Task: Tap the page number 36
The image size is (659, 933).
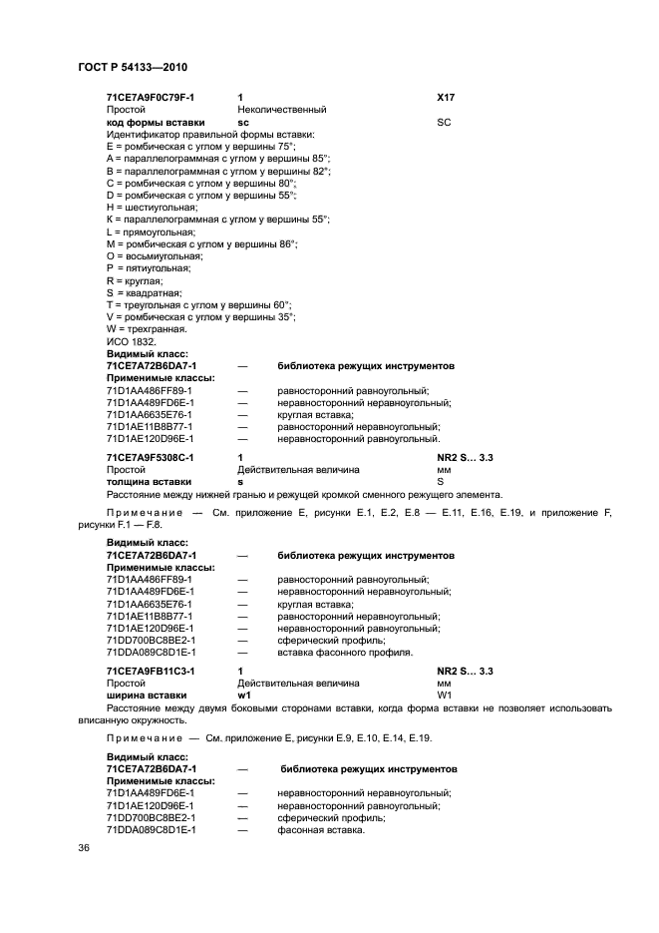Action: tap(84, 848)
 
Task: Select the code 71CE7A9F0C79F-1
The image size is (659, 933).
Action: tap(151, 98)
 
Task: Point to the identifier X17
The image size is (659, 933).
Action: tap(447, 98)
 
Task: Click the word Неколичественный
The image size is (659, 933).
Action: tap(282, 110)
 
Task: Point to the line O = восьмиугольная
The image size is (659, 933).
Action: tap(155, 256)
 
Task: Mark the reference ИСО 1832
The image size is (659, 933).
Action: tap(132, 341)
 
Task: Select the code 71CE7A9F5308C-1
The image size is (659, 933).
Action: tap(151, 457)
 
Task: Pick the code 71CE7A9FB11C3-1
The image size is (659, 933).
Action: tap(151, 672)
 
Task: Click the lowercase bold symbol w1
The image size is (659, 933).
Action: tap(244, 696)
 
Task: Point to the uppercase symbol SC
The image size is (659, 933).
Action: tap(445, 122)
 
